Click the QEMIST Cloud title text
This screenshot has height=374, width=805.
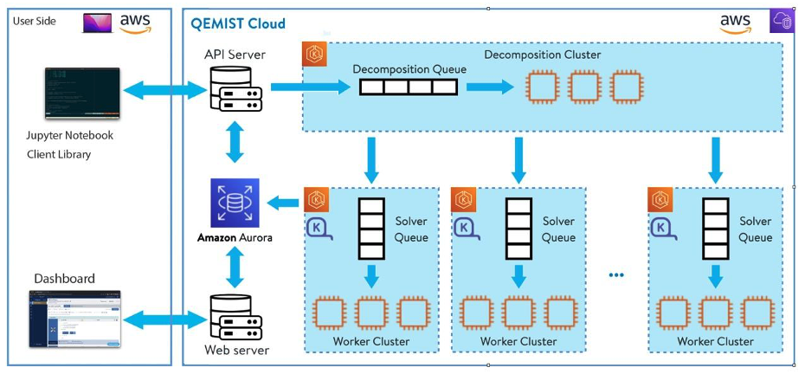(x=238, y=23)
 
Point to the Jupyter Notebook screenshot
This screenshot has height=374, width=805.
(x=81, y=94)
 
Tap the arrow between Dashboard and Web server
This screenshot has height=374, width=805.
(x=163, y=319)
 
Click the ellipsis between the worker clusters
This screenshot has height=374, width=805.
(x=616, y=275)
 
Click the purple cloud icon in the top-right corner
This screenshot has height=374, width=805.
(x=782, y=22)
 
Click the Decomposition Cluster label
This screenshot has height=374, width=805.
(x=542, y=55)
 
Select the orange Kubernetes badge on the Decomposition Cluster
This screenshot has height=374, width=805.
(x=313, y=54)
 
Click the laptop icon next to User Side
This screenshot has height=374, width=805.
(x=97, y=23)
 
